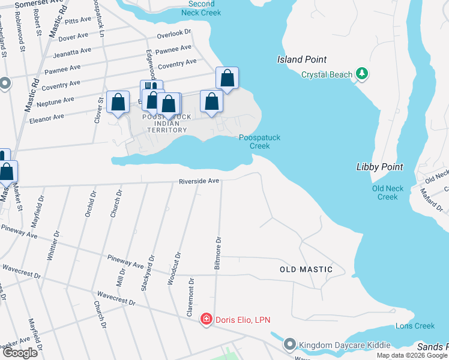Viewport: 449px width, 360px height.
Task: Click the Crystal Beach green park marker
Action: tap(361, 74)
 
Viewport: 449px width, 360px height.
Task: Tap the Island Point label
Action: tap(302, 59)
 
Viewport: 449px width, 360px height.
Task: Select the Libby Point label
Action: tap(379, 167)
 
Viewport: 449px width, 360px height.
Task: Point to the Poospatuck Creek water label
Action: tap(259, 142)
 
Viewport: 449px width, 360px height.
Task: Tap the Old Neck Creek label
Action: tap(388, 193)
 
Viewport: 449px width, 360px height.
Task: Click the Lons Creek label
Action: tap(415, 326)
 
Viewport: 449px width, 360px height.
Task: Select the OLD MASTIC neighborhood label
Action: tap(306, 269)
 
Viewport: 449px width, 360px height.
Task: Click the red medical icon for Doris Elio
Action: tap(206, 318)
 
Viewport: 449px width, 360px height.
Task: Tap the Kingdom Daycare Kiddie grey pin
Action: tap(290, 344)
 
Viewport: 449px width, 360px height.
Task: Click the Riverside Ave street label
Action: tap(199, 181)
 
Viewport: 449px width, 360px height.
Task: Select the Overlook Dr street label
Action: tap(173, 35)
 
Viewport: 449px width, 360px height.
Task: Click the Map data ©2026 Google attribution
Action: tap(411, 355)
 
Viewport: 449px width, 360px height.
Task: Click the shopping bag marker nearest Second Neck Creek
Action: tap(227, 77)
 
